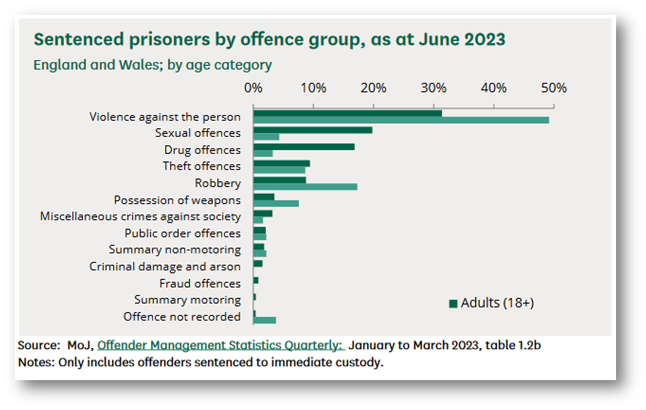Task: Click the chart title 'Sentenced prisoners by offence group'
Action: click(269, 39)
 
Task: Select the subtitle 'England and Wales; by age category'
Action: click(152, 65)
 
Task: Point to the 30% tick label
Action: click(433, 88)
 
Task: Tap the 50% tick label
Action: click(553, 88)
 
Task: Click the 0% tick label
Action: click(253, 88)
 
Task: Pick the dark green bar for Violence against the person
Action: click(347, 113)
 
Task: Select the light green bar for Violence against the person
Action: click(401, 120)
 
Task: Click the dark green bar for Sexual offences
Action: click(313, 130)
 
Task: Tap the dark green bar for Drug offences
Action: click(304, 147)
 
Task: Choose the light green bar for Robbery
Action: click(305, 187)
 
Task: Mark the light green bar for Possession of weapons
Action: click(276, 204)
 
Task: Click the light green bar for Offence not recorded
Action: click(265, 320)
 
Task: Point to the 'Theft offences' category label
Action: click(201, 166)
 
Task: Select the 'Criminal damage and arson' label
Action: click(165, 267)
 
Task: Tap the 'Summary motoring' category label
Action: click(187, 300)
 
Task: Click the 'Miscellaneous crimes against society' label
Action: click(140, 216)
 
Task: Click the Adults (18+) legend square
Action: click(453, 304)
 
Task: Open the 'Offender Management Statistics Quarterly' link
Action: click(221, 345)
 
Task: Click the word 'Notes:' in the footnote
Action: click(36, 363)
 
